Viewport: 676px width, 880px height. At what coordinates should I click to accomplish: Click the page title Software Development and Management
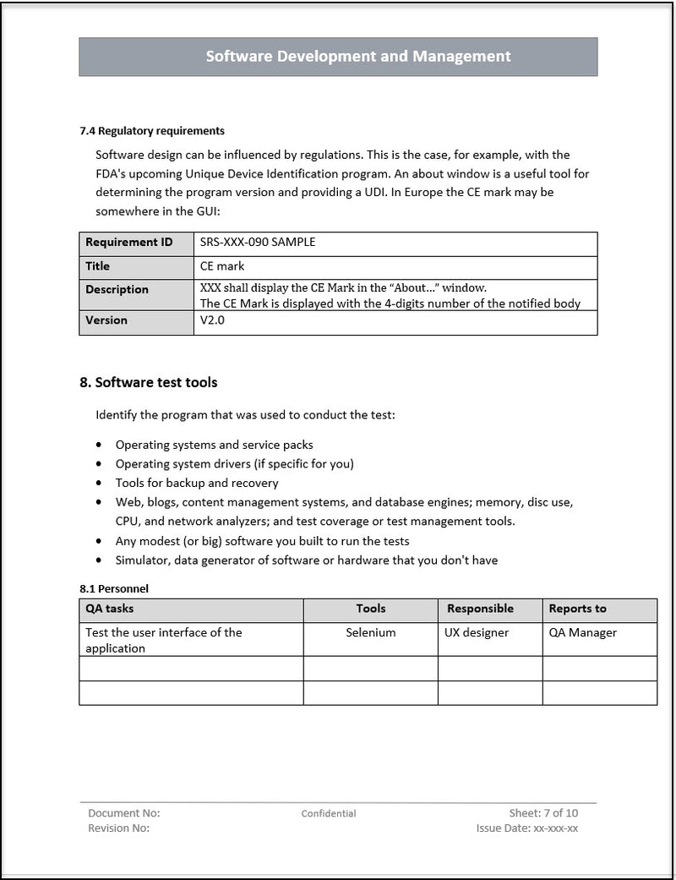point(358,57)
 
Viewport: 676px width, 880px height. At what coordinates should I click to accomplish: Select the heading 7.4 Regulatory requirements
point(152,131)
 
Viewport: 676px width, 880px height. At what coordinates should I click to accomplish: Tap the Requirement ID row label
point(128,243)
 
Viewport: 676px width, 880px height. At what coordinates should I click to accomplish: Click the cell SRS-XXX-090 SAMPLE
point(258,243)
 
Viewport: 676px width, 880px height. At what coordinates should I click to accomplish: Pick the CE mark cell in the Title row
point(222,266)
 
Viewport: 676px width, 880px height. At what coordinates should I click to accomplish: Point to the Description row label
point(117,290)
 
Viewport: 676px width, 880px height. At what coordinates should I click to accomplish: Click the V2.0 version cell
point(213,320)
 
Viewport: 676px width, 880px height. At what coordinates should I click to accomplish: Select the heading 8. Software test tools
point(149,382)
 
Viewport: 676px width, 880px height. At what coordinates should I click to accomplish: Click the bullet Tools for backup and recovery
point(197,483)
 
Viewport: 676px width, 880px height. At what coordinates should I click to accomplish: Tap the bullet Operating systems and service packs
point(215,445)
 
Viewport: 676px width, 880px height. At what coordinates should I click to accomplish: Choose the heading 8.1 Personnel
point(114,588)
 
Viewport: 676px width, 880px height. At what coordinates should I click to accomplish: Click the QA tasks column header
point(110,609)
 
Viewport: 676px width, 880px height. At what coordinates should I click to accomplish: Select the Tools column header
point(371,609)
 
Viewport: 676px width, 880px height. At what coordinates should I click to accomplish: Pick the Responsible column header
point(480,609)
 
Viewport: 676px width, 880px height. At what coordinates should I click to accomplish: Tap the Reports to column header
point(578,609)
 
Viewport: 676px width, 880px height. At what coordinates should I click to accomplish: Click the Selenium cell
point(371,632)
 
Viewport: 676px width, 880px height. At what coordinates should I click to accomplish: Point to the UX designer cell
point(477,632)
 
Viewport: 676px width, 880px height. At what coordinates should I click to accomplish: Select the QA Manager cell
point(583,632)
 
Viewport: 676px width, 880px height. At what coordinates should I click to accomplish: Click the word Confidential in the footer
point(329,814)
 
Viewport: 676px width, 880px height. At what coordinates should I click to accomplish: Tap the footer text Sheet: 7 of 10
point(543,813)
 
